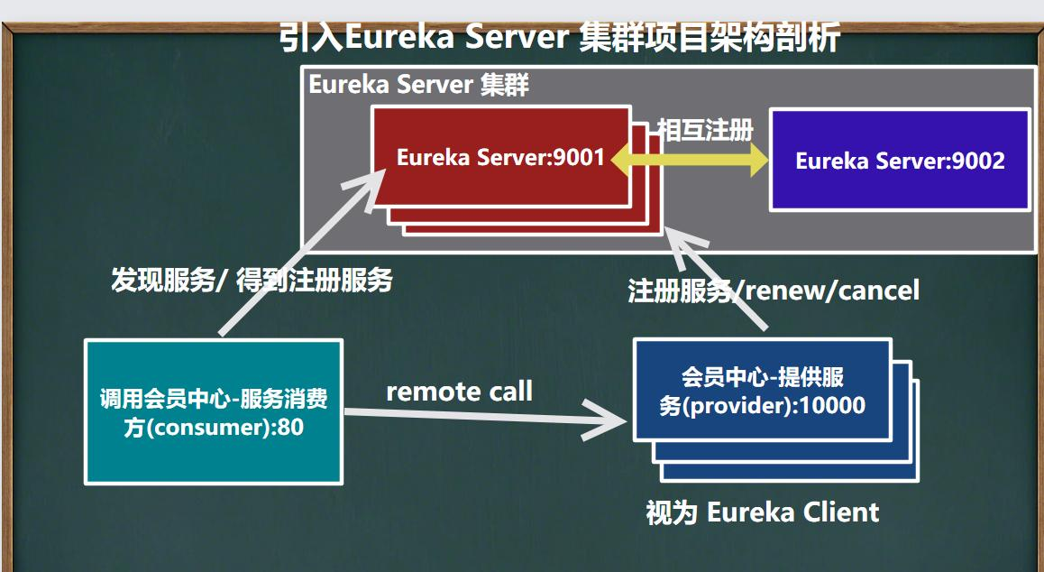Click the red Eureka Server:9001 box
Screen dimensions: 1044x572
501,156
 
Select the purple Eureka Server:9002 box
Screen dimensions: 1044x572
900,161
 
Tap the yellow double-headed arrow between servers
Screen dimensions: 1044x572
689,160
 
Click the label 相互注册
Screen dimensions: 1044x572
705,129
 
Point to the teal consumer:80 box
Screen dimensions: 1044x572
214,411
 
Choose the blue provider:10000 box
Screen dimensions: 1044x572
763,390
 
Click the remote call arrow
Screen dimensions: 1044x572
485,418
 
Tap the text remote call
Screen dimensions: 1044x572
460,392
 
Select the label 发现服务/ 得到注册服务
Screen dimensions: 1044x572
252,280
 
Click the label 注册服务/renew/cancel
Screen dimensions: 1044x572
774,291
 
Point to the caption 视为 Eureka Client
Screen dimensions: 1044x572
763,512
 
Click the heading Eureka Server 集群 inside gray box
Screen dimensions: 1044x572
419,86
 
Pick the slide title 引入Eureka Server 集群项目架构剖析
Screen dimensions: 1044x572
559,37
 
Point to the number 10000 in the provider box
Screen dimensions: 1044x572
833,405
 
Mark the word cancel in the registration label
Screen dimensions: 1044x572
879,291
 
